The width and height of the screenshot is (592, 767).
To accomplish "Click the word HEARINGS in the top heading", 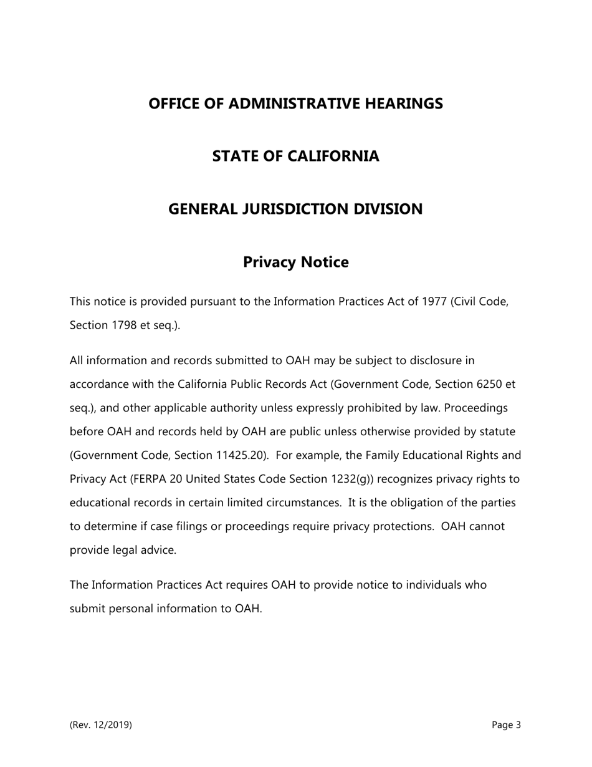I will [402, 104].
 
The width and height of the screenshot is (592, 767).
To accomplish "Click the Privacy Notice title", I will [295, 262].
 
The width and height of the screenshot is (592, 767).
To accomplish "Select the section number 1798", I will [126, 326].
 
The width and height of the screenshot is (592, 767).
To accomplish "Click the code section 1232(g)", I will [351, 479].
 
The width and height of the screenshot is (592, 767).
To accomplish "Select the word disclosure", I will [438, 360].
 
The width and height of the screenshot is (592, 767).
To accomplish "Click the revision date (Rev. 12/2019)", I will [101, 725].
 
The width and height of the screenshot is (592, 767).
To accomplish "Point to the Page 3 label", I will [506, 725].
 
